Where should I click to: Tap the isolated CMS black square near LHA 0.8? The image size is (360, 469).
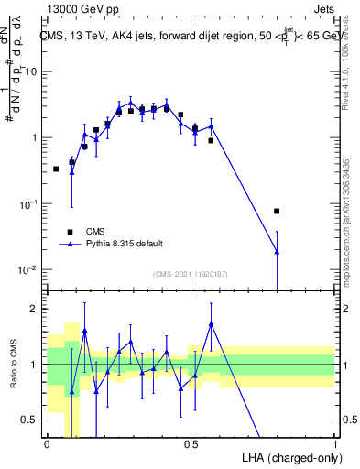pyautogui.click(x=277, y=212)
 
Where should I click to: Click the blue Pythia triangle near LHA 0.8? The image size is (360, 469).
pyautogui.click(x=277, y=251)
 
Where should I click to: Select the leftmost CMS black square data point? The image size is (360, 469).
pyautogui.click(x=56, y=169)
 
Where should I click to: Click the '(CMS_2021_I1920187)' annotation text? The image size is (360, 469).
pyautogui.click(x=191, y=274)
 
